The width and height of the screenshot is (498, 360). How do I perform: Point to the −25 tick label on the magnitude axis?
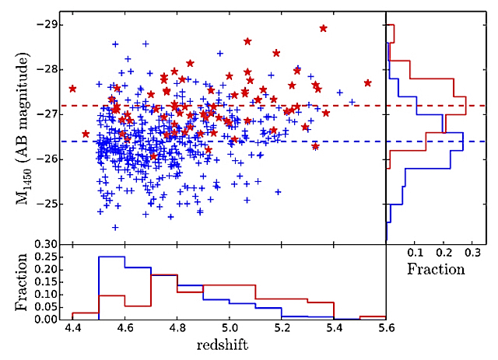pos(48,204)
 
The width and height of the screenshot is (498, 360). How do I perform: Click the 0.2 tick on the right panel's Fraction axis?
pos(444,253)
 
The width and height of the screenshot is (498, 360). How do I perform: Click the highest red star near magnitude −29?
pos(323,28)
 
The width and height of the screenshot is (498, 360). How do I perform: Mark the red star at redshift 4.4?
pos(72,89)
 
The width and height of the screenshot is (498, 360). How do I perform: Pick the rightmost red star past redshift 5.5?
pos(367,83)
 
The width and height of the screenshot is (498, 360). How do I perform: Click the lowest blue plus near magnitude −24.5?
pos(115,228)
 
